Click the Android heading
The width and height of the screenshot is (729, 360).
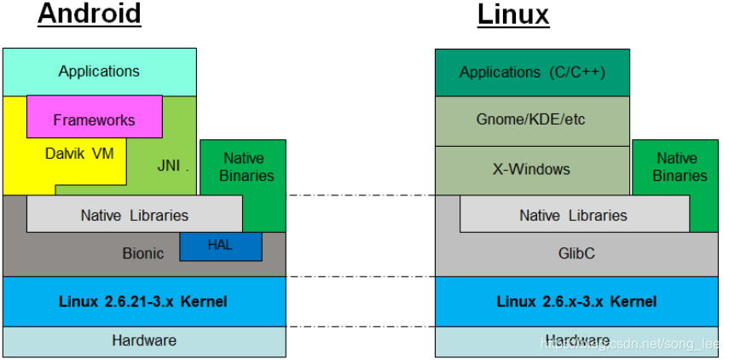[90, 15]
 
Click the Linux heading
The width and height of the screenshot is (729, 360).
[512, 15]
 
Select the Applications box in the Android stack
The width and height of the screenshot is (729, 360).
[99, 72]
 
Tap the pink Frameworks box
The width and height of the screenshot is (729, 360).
[94, 119]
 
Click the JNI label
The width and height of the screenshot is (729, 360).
[169, 165]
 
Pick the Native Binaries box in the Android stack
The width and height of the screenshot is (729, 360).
[243, 168]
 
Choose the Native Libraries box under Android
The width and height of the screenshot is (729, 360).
[134, 214]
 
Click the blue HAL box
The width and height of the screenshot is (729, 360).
[220, 246]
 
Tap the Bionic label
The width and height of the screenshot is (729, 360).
[143, 253]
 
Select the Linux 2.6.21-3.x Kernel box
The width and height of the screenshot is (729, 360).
[143, 301]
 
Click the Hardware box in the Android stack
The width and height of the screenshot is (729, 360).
[143, 340]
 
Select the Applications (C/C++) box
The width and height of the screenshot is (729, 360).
[532, 72]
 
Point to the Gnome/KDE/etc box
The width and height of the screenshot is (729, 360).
[532, 120]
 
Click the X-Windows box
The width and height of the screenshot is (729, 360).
[532, 169]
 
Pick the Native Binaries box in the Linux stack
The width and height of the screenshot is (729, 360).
[675, 168]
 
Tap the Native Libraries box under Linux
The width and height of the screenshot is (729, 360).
[574, 214]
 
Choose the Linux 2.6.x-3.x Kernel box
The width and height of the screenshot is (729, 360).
[576, 301]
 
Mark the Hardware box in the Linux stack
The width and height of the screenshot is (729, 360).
[576, 340]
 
